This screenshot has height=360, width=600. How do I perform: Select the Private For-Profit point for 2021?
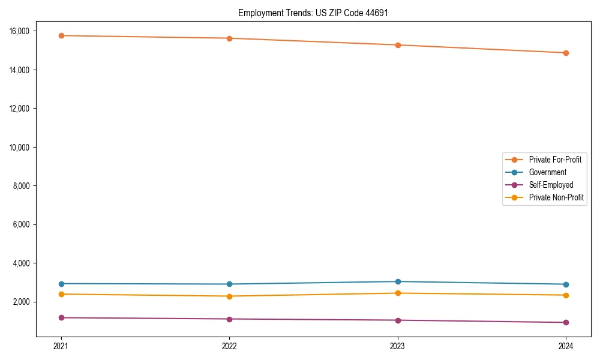[x=61, y=35]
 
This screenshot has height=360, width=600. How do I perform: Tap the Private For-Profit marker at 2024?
[x=566, y=53]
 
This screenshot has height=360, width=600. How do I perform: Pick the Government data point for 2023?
[x=398, y=281]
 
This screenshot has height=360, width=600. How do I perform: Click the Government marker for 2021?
[x=61, y=284]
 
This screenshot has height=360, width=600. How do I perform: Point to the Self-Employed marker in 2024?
[x=566, y=323]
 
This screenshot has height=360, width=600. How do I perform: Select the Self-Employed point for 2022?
[x=229, y=319]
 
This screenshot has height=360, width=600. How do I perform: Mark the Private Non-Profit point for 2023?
[x=398, y=293]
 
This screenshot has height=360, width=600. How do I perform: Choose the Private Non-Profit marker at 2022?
[x=229, y=296]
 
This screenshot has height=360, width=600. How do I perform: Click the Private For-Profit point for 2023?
[x=398, y=45]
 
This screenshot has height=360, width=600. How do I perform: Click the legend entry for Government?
[x=547, y=172]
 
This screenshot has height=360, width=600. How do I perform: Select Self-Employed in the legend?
[x=551, y=185]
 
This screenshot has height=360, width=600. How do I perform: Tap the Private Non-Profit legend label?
[x=556, y=197]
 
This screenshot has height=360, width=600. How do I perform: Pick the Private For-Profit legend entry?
[x=555, y=160]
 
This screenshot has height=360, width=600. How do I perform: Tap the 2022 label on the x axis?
[x=229, y=346]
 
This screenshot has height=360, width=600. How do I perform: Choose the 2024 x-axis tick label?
[x=566, y=346]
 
